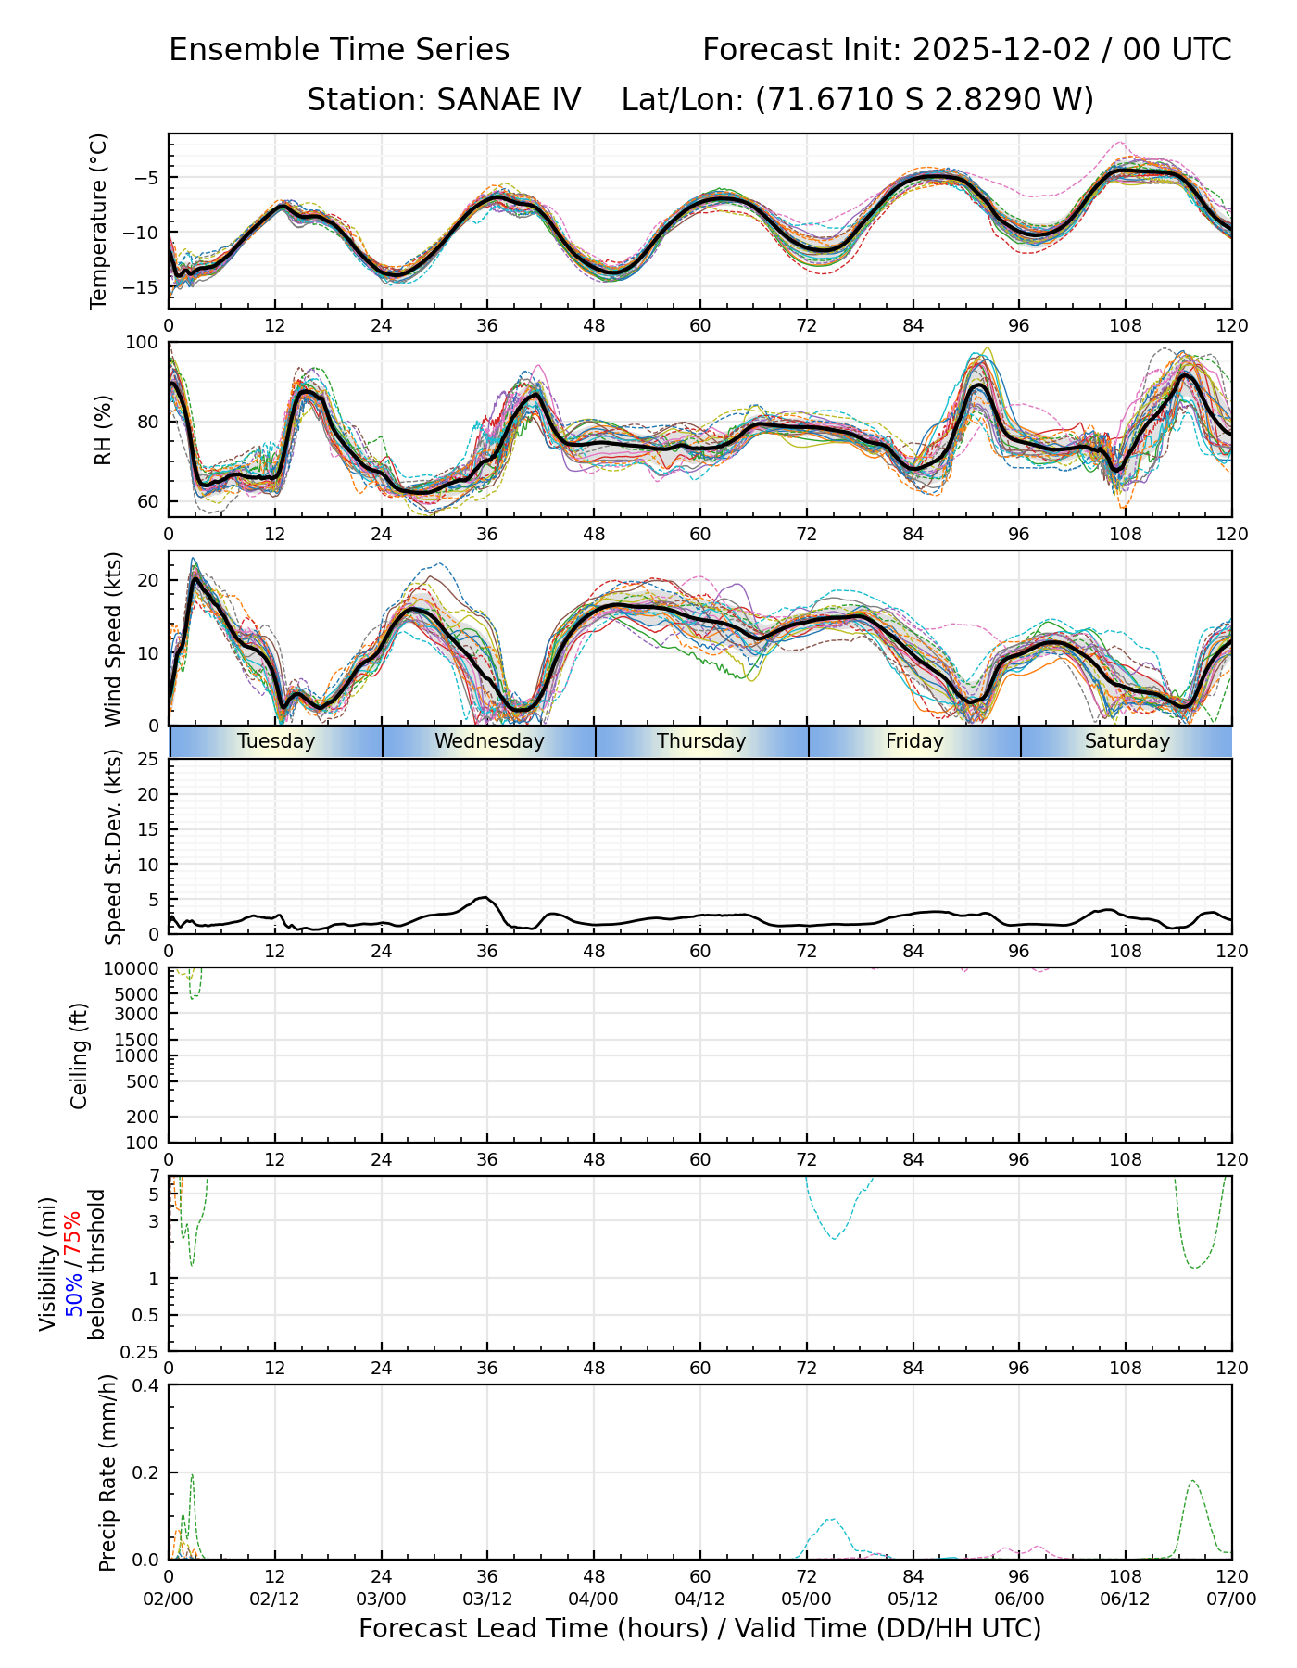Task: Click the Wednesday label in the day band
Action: (x=489, y=741)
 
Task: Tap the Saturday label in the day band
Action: (x=1127, y=741)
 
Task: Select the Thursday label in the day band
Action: (x=701, y=741)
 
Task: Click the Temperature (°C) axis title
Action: (x=99, y=221)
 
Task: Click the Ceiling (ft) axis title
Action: (x=80, y=1055)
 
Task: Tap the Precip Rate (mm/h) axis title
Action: (x=107, y=1472)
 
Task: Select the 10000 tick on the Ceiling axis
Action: (x=134, y=969)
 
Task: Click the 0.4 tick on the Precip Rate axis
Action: (x=147, y=1386)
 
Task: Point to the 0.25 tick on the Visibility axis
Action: (x=142, y=1351)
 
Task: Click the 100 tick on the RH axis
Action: (x=143, y=344)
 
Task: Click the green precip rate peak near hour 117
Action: (x=1192, y=1481)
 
